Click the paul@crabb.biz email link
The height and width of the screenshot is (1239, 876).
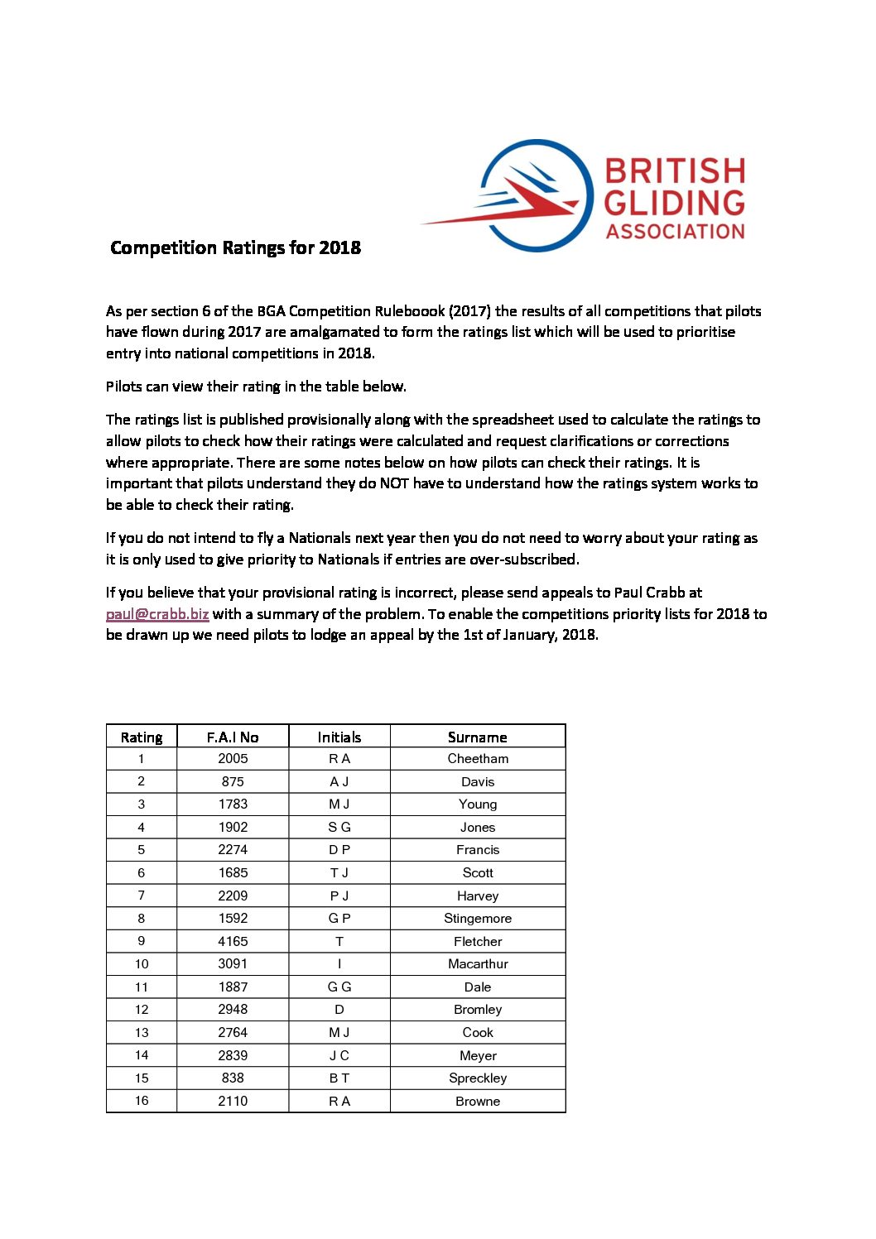click(157, 614)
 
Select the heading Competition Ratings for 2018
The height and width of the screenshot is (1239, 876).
click(235, 247)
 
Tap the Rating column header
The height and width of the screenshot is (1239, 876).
click(142, 737)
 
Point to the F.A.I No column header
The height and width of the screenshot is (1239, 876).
click(233, 737)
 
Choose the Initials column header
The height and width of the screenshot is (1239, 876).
click(339, 737)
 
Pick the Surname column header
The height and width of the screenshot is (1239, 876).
click(478, 737)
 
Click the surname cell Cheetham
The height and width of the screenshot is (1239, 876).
click(478, 759)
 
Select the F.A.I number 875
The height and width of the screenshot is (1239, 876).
click(233, 781)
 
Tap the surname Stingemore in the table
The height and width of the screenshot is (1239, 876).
click(478, 919)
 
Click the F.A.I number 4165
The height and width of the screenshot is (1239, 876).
click(233, 941)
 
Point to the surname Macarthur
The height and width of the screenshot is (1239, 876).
click(478, 964)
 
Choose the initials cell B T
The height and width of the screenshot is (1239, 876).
click(339, 1078)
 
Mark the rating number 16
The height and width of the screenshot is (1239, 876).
click(142, 1101)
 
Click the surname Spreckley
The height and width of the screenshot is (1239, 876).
click(478, 1078)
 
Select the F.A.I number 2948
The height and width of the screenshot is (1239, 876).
click(233, 1010)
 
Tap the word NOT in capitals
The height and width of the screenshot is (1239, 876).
click(394, 483)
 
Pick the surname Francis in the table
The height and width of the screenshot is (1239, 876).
click(478, 850)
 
